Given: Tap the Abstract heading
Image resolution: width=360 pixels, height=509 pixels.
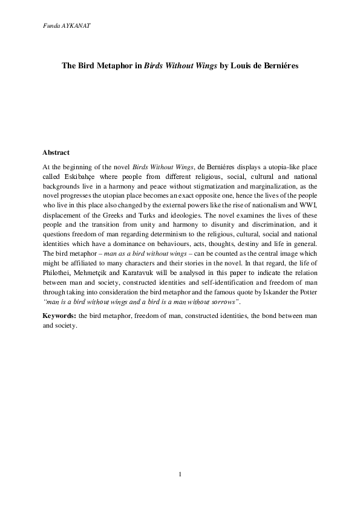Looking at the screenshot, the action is pos(56,153).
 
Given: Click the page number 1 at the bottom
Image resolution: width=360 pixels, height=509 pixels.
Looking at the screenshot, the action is pos(180,473).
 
